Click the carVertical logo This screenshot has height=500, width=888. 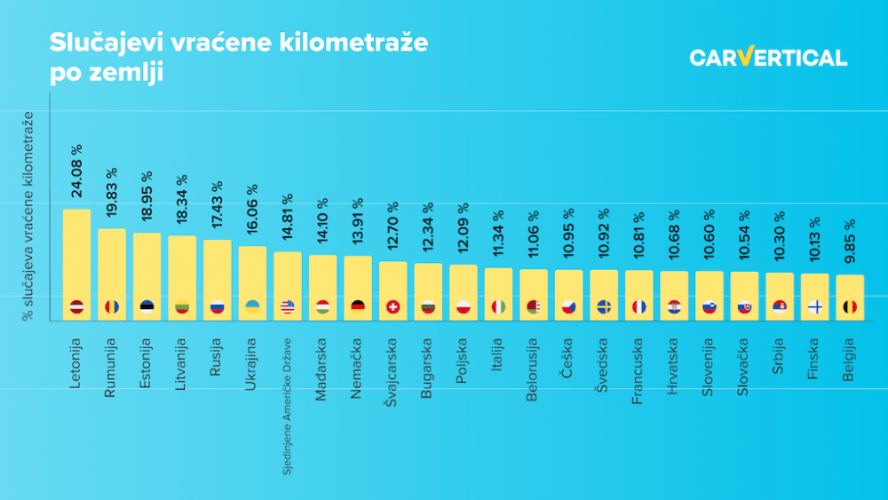pyautogui.click(x=768, y=58)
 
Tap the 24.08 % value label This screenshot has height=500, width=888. pyautogui.click(x=76, y=171)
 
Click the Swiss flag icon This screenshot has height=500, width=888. pyautogui.click(x=392, y=307)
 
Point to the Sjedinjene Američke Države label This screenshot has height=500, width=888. pyautogui.click(x=287, y=405)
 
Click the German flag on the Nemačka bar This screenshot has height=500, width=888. pyautogui.click(x=358, y=307)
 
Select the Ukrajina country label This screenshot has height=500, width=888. pyautogui.click(x=252, y=367)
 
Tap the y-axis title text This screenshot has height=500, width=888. pyautogui.click(x=29, y=216)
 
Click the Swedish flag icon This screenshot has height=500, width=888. pyautogui.click(x=604, y=307)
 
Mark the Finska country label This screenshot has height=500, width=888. pyautogui.click(x=814, y=358)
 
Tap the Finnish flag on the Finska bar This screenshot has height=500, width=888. pyautogui.click(x=814, y=307)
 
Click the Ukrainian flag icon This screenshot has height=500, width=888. pyautogui.click(x=252, y=307)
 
